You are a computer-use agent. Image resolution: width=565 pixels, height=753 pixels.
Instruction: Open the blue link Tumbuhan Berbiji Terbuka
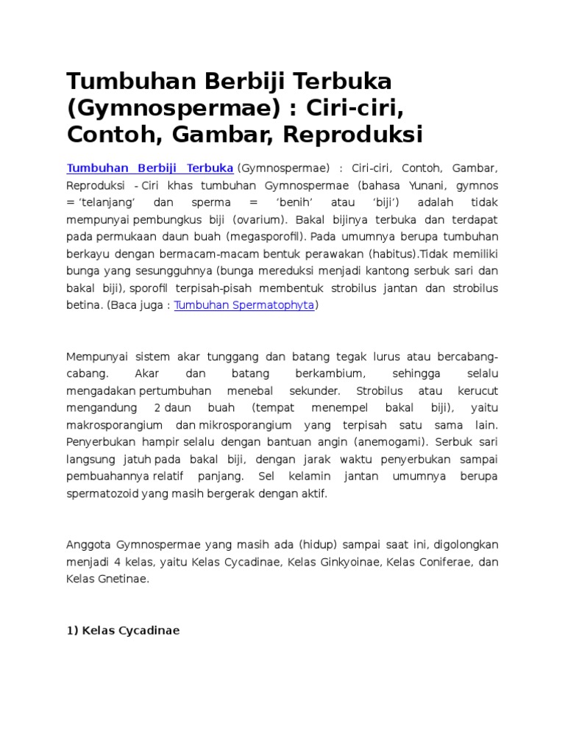point(150,167)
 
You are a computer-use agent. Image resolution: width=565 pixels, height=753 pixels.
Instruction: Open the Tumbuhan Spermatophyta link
point(244,304)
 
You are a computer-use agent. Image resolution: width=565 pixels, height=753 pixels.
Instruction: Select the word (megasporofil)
point(266,236)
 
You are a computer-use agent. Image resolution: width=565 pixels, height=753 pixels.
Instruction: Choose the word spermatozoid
point(106,493)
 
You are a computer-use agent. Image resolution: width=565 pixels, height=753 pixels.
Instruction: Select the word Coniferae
point(436,562)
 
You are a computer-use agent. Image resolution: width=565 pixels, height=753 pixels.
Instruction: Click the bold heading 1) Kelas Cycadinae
point(124,630)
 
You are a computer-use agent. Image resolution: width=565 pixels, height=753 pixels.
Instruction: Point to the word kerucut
point(476,390)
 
